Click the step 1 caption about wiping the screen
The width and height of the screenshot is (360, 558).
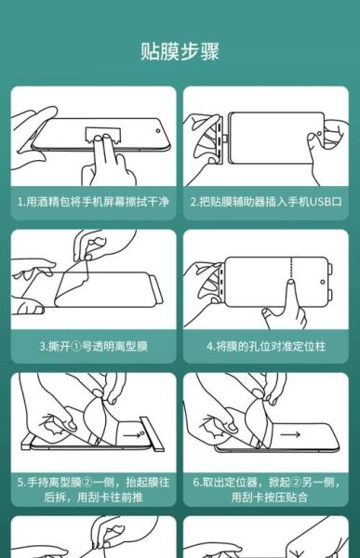pos(93,201)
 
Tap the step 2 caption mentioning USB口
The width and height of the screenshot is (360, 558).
pos(266,201)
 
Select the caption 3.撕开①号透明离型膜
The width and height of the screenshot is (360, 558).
pos(93,345)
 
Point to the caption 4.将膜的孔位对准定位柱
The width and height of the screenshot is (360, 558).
pos(266,345)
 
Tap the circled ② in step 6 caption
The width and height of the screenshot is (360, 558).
pos(296,483)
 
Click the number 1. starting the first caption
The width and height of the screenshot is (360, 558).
pos(21,201)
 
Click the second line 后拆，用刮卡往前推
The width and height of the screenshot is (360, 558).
pos(93,498)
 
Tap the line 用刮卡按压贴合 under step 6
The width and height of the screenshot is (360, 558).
pos(266,498)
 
